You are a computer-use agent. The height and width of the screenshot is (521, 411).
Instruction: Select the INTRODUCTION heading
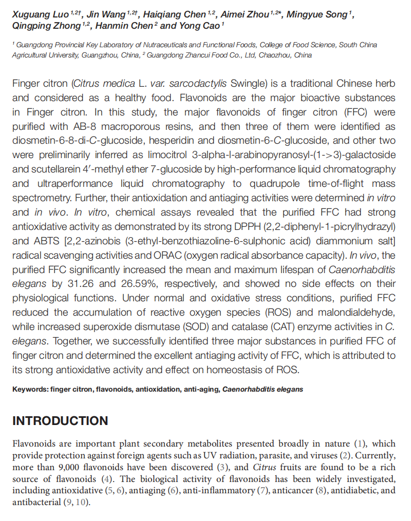pyautogui.click(x=60, y=421)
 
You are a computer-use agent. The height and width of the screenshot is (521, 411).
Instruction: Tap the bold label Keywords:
pyautogui.click(x=30, y=389)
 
